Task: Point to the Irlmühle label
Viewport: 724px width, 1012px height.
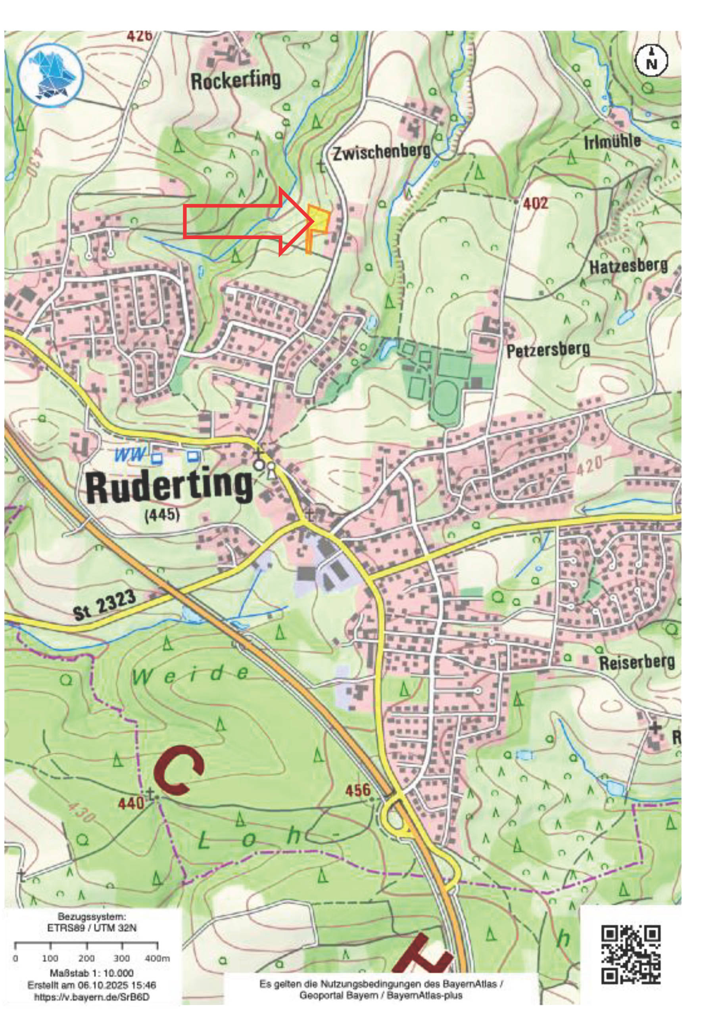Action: point(613,142)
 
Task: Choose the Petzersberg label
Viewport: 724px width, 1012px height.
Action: point(548,349)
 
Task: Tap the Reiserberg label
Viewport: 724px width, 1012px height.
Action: point(636,663)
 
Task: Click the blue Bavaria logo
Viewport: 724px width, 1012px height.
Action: point(52,73)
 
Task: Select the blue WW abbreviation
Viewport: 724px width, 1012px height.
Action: point(130,455)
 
